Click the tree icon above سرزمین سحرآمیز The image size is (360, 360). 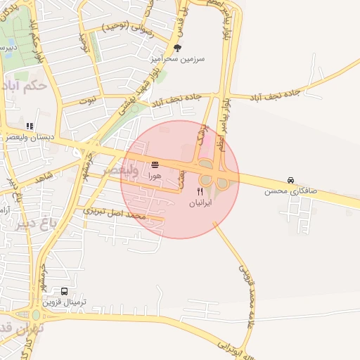[x=176, y=49]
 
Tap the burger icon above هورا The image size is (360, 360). [x=155, y=165]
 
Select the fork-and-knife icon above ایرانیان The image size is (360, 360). [x=200, y=191]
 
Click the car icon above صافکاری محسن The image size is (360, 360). [x=290, y=180]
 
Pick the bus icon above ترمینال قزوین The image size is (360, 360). [x=65, y=291]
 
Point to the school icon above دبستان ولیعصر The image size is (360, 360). [x=30, y=126]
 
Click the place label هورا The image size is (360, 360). [x=155, y=176]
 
